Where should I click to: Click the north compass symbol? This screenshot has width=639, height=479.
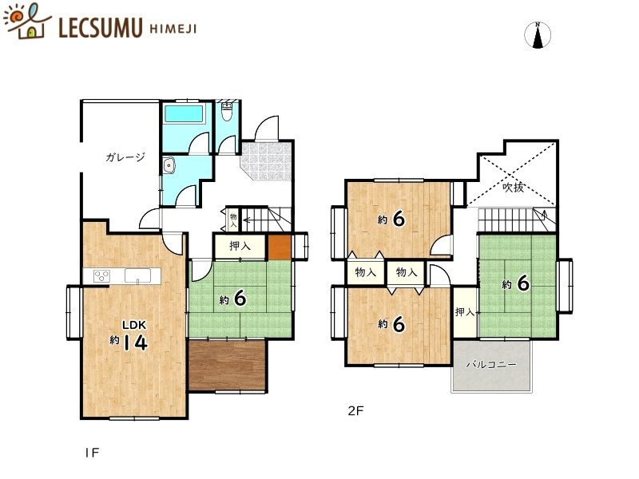pos(538,35)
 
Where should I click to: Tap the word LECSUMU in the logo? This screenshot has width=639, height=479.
pos(101,28)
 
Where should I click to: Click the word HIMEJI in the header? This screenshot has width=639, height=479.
pos(173,29)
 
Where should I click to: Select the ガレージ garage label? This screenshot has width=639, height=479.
pos(125,156)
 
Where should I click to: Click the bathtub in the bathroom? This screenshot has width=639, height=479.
pos(184,113)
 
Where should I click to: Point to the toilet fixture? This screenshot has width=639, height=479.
pos(227,111)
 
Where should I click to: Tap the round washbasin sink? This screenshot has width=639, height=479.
pos(169,166)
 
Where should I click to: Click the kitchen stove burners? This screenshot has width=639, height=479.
pos(101,276)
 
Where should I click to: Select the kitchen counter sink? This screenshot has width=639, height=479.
pos(137,275)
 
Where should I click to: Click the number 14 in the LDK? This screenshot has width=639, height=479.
pos(135,342)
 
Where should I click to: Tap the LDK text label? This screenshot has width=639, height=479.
pos(134,325)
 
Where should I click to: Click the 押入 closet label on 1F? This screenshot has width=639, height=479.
pos(240,246)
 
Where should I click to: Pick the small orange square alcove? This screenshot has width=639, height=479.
pos(280,247)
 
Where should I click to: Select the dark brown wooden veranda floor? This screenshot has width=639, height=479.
pos(228,365)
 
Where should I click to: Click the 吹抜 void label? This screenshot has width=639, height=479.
pos(513,188)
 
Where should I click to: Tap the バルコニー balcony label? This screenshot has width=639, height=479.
pos(491,364)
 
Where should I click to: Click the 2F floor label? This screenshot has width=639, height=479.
pos(355,410)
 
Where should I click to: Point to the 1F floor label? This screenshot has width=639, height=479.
pos(92,453)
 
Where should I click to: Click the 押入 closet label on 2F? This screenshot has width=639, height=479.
pos(465,312)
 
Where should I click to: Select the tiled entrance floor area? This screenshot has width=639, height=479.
pos(267,160)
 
